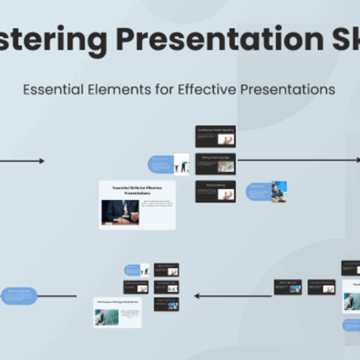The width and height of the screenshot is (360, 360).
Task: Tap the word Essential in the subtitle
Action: click(56, 89)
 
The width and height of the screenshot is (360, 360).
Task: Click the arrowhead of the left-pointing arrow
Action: click(196, 295)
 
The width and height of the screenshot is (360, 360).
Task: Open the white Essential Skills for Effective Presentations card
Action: click(137, 204)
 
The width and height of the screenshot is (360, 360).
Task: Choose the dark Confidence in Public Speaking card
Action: click(215, 135)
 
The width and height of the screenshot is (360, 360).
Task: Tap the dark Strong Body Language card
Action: click(215, 162)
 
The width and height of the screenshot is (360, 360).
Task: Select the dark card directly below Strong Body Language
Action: click(215, 190)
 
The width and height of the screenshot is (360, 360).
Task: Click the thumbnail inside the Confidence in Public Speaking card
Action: click(227, 139)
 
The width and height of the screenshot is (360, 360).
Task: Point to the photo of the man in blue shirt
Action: click(278, 191)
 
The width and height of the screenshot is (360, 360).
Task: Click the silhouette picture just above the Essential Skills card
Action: click(183, 162)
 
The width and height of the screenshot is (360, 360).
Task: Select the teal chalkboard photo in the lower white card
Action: click(107, 316)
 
